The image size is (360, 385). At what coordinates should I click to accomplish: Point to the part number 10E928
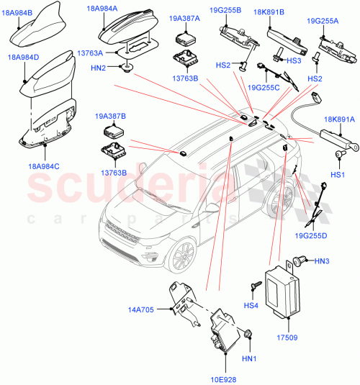(x=225, y=379)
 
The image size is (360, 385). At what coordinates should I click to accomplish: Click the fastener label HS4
(x=251, y=306)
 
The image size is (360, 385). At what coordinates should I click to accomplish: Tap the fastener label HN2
(x=99, y=68)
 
